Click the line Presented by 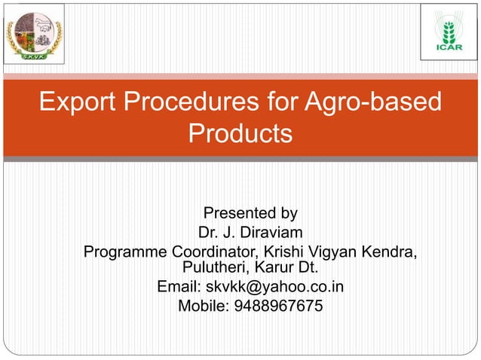click(x=250, y=212)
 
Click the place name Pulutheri click(x=215, y=267)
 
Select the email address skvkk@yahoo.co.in click(x=275, y=287)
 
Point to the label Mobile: click(x=201, y=306)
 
